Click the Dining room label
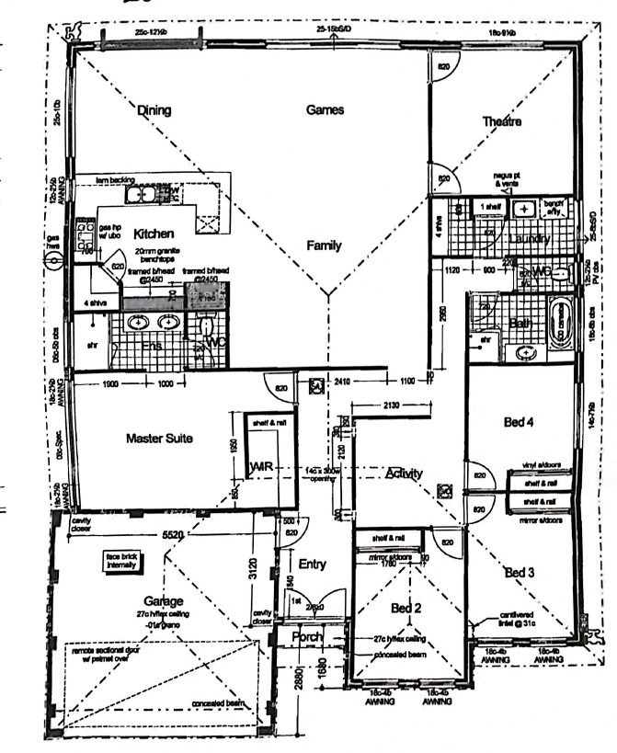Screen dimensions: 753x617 point(154,110)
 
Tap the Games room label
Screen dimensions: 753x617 point(325,109)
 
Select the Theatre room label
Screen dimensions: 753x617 point(502,121)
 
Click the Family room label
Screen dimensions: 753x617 point(324,245)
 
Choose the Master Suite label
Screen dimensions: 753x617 point(159,439)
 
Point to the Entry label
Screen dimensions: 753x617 point(314,564)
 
